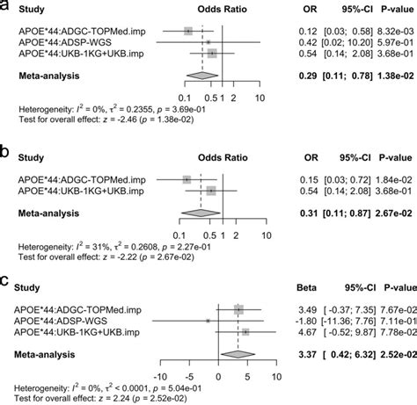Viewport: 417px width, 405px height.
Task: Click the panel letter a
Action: [x=6, y=8]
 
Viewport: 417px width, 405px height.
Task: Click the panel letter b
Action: [x=6, y=150]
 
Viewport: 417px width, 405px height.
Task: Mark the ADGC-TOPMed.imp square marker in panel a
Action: [x=188, y=31]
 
